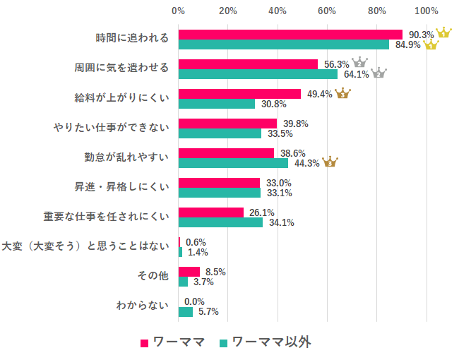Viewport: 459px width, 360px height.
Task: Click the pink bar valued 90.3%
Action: [x=290, y=35]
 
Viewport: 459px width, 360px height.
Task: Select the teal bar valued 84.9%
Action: [x=284, y=44]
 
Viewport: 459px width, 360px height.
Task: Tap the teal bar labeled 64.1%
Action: [x=258, y=74]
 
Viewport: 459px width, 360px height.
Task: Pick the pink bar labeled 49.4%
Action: [x=239, y=94]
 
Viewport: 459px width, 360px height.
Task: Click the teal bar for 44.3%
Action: [x=233, y=163]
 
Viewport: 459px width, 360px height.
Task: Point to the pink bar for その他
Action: [x=189, y=272]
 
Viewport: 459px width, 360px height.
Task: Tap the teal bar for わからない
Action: [x=186, y=311]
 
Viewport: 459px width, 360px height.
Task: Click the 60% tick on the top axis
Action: [x=327, y=11]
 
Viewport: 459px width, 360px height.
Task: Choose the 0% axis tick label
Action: [x=179, y=11]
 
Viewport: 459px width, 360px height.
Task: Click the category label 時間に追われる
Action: [x=132, y=38]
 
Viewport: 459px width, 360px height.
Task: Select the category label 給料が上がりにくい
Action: [x=122, y=97]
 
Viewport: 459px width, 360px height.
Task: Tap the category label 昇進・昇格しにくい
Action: [x=122, y=187]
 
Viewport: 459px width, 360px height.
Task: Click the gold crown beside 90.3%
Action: [x=443, y=33]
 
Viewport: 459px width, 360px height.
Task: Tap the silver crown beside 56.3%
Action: [x=359, y=63]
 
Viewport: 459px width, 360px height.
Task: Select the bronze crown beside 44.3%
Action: [x=330, y=162]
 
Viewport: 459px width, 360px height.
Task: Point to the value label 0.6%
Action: [x=196, y=242]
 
